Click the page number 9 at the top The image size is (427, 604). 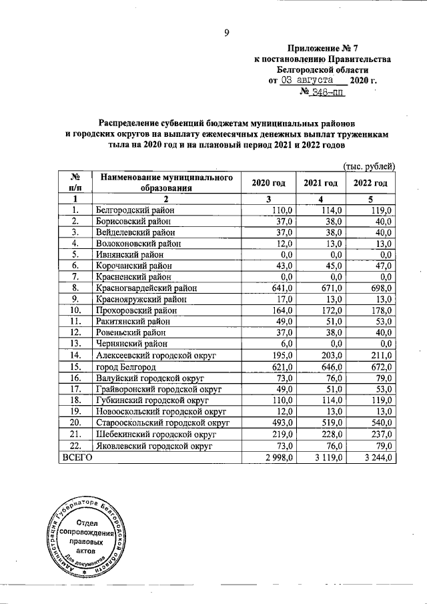tap(227, 33)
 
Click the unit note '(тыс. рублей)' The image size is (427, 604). tap(369, 166)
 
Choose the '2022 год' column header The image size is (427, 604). tap(371, 183)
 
